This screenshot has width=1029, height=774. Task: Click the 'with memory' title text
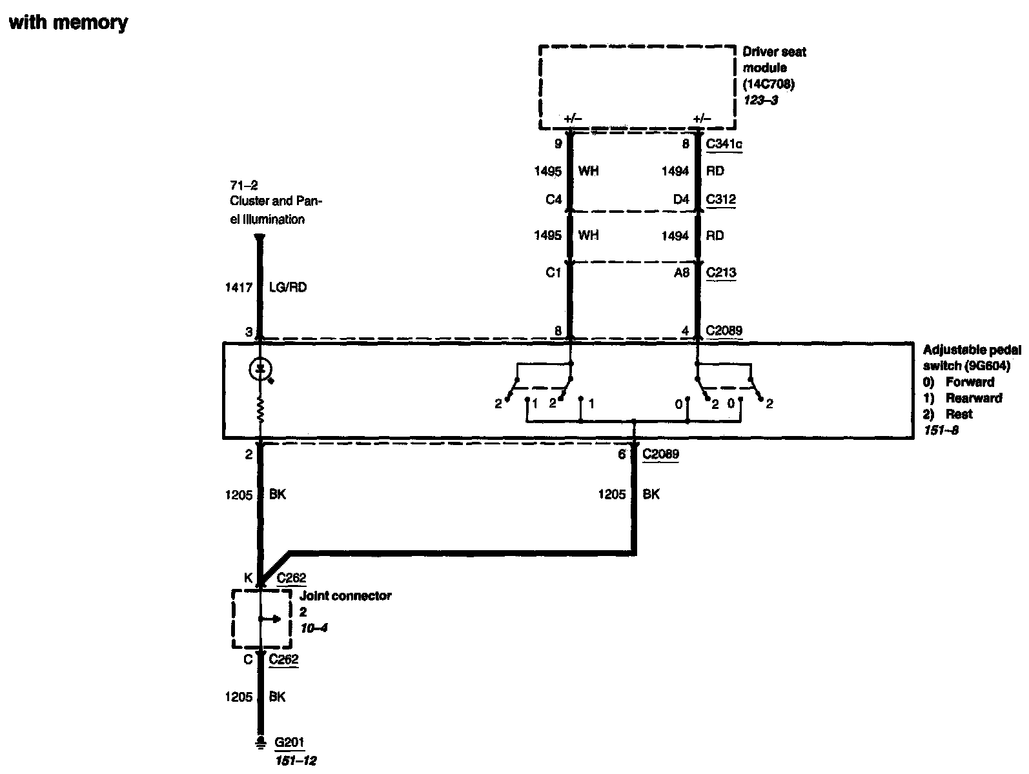click(68, 23)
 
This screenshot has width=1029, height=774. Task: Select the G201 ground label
click(289, 742)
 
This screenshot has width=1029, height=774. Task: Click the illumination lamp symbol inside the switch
click(260, 370)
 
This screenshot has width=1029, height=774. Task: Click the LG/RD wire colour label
click(287, 288)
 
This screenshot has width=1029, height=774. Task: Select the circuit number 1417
click(238, 288)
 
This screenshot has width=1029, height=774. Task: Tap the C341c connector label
click(724, 144)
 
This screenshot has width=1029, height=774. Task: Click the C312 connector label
click(720, 199)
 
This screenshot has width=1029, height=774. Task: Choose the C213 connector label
click(720, 272)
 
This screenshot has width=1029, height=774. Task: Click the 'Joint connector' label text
click(345, 596)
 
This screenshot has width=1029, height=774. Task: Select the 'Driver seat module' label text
click(774, 60)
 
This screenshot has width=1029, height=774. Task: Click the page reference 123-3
click(760, 100)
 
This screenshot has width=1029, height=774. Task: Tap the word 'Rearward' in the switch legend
click(973, 398)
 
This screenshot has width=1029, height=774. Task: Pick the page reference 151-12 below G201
click(295, 760)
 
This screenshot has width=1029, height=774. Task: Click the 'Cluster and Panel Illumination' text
click(276, 210)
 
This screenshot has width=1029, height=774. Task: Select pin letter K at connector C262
click(249, 579)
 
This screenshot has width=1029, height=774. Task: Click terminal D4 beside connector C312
click(681, 199)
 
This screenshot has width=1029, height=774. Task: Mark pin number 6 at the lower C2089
click(622, 454)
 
